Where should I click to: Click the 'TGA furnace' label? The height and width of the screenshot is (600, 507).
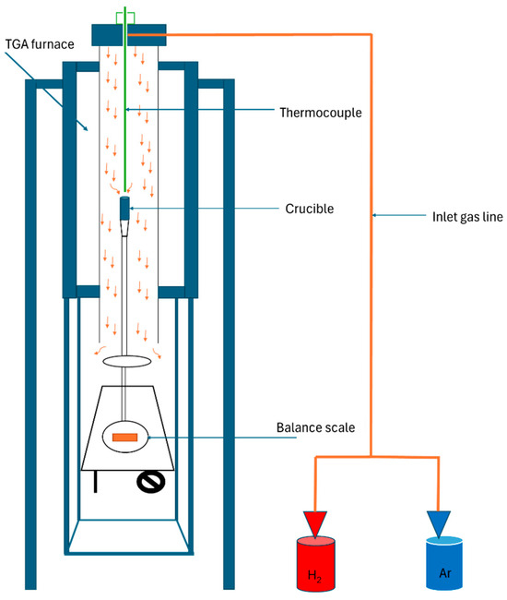tap(40, 44)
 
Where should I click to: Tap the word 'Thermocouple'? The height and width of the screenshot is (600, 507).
tap(321, 113)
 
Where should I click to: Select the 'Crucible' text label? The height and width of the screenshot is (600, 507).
tap(310, 209)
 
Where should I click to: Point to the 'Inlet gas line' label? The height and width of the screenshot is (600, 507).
tap(467, 217)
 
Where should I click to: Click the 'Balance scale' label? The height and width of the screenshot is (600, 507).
tap(315, 427)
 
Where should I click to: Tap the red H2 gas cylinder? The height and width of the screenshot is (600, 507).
tap(316, 563)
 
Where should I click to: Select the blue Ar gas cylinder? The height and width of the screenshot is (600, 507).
tap(444, 563)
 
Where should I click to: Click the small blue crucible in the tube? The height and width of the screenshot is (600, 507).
tap(124, 209)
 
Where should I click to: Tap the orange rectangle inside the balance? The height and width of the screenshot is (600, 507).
tap(125, 437)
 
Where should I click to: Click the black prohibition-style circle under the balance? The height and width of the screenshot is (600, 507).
tap(151, 482)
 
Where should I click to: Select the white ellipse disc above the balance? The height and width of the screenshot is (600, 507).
tap(127, 361)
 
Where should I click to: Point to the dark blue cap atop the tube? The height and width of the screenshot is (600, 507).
tap(129, 35)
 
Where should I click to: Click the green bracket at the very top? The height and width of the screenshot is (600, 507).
tap(125, 18)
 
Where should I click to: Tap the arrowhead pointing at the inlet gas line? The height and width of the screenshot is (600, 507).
tap(374, 215)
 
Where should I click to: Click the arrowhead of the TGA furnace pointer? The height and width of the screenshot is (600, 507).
tap(85, 127)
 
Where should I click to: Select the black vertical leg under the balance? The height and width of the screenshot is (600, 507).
tap(95, 482)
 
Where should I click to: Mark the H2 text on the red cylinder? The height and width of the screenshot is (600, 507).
tap(314, 575)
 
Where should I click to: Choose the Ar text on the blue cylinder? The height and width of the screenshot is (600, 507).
tap(445, 573)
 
